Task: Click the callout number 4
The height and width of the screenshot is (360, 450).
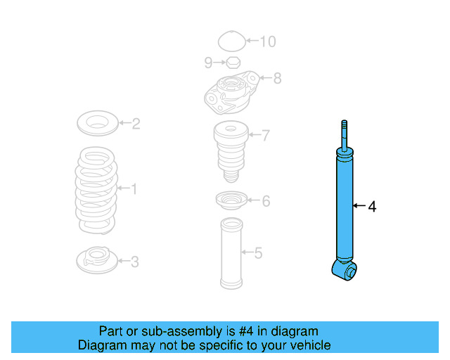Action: [373, 207]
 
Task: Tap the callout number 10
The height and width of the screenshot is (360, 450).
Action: [268, 41]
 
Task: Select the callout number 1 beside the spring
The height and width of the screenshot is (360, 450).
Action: [134, 188]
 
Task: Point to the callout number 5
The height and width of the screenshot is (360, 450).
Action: [258, 252]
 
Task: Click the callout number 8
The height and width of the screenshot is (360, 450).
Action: [277, 78]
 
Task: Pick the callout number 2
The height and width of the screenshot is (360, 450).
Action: [136, 124]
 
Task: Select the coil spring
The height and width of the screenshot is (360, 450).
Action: [96, 190]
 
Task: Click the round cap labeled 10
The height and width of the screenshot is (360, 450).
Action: [231, 41]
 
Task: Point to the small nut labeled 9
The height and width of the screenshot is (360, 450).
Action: [233, 63]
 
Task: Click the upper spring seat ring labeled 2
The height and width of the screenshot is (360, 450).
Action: [96, 124]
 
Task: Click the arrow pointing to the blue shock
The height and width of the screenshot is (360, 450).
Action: [359, 206]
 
